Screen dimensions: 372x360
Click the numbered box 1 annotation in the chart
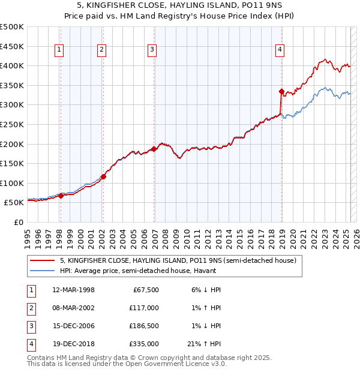[x=60, y=50]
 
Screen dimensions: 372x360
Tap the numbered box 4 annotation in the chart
[x=280, y=50]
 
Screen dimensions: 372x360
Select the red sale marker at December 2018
[x=281, y=91]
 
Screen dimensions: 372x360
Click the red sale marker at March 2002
[x=103, y=176]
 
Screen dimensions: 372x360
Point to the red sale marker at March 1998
[x=61, y=196]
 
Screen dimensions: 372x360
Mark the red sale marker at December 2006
[x=154, y=149]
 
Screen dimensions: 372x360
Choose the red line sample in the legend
[x=42, y=261]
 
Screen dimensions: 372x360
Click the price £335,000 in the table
[x=144, y=344]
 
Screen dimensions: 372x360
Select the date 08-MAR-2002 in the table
[x=73, y=308]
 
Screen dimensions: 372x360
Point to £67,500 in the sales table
[x=146, y=290]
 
